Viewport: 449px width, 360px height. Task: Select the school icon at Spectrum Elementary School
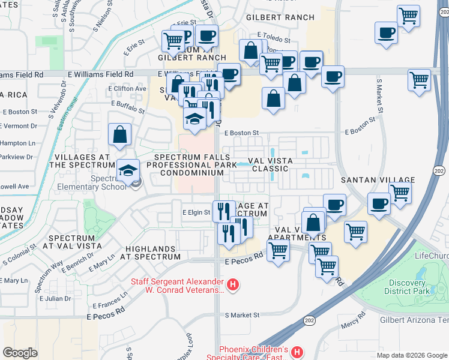(128, 170)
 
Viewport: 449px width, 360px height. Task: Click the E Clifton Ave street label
(127, 89)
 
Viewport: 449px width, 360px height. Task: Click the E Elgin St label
(197, 212)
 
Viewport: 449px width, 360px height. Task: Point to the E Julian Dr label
(55, 298)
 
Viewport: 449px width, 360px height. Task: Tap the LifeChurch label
(431, 256)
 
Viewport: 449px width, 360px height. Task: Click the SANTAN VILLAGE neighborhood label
(385, 180)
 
